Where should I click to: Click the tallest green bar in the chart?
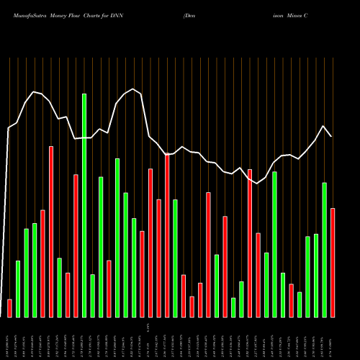click(84, 205)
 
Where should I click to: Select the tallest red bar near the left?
click(51, 231)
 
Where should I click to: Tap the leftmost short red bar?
click(9, 308)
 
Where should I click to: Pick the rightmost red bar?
click(332, 262)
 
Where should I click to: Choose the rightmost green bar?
click(324, 250)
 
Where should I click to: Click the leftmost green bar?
click(18, 288)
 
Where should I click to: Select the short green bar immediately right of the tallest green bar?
click(93, 295)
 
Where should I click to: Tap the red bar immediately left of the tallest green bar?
click(76, 246)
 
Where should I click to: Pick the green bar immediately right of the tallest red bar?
click(59, 287)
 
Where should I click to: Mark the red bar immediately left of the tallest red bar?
click(42, 263)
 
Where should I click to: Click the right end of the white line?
click(331, 136)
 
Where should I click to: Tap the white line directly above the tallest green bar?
click(84, 138)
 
